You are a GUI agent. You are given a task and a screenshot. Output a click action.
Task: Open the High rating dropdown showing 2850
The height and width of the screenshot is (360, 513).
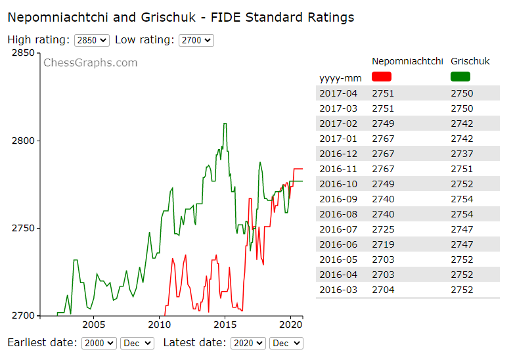click(92, 40)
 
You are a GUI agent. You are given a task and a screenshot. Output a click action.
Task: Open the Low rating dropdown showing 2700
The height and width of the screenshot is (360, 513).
click(196, 40)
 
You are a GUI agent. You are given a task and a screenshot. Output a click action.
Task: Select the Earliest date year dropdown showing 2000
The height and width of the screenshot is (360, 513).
click(99, 343)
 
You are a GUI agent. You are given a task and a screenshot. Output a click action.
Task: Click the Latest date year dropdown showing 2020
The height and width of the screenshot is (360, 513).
click(248, 343)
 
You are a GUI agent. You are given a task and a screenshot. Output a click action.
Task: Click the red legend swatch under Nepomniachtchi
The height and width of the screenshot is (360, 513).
click(381, 77)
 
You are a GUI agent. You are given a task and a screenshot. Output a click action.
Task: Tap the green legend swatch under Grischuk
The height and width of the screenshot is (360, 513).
click(460, 77)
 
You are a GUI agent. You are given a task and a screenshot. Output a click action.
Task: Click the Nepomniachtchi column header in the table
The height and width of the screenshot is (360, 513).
click(407, 61)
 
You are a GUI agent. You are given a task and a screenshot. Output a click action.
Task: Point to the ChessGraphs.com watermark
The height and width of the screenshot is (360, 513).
click(91, 63)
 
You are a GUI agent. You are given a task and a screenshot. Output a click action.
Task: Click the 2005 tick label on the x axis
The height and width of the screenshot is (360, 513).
click(93, 325)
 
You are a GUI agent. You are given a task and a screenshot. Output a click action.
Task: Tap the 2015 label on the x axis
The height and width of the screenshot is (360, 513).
click(225, 325)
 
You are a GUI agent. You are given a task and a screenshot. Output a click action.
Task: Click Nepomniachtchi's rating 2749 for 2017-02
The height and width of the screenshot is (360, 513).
click(383, 124)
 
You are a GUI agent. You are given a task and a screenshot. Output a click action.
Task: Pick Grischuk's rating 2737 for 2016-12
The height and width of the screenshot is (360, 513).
click(462, 154)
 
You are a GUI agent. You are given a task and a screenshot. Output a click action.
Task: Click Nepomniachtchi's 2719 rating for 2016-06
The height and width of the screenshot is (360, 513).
click(383, 244)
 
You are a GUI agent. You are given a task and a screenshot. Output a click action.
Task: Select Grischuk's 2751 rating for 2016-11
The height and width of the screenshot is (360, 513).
click(462, 169)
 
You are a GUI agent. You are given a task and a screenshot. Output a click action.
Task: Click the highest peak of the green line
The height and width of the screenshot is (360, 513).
click(225, 124)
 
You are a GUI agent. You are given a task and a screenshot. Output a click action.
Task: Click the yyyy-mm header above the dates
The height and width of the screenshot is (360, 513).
click(340, 78)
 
